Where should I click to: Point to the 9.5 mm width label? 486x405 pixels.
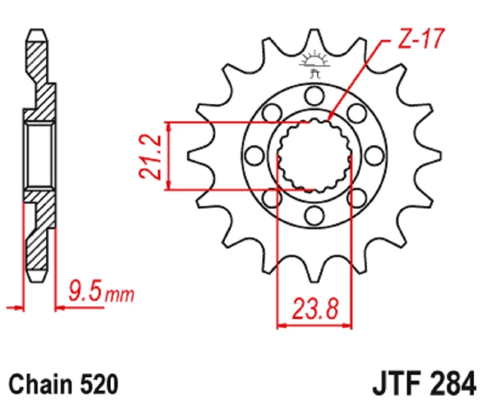click(99, 291)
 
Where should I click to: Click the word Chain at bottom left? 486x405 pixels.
click(39, 383)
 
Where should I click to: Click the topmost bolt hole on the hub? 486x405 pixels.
click(313, 98)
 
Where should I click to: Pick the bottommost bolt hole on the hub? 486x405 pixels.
click(313, 215)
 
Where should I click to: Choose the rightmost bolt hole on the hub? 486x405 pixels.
click(371, 157)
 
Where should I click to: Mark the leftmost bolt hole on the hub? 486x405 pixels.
click(255, 157)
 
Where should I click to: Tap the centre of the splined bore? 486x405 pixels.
click(314, 157)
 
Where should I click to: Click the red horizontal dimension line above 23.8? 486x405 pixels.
click(314, 325)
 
